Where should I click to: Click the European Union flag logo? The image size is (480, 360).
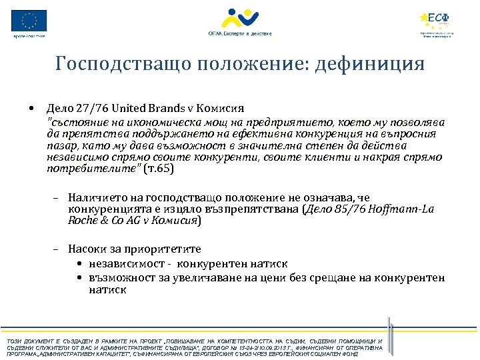point(29,21)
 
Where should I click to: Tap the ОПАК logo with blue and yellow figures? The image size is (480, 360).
point(240,18)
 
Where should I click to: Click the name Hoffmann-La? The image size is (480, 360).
point(400,209)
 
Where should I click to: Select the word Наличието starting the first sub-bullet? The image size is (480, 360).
point(91,198)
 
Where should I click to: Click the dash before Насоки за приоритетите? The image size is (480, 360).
point(52,249)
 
